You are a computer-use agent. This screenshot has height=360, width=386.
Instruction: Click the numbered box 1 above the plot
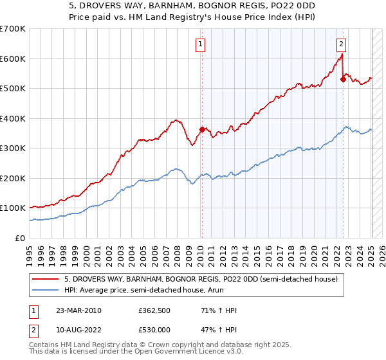tap(201, 44)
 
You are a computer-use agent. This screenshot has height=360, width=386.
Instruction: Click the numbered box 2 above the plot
tap(341, 44)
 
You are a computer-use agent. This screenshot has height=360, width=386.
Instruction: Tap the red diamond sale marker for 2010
tap(202, 129)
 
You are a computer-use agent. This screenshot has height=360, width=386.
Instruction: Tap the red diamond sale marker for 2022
tap(343, 80)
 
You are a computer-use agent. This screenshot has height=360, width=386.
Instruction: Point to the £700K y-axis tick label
tap(13, 29)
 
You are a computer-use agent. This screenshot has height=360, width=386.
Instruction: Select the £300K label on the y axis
tap(13, 148)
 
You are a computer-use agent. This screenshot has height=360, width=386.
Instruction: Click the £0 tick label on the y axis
tap(20, 238)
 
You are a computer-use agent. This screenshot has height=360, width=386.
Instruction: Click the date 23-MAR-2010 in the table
tap(78, 310)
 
